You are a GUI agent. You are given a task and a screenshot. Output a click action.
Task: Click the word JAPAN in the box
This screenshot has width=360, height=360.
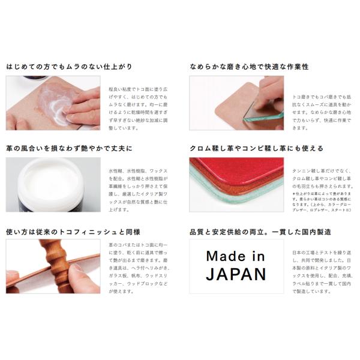[x=235, y=275]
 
